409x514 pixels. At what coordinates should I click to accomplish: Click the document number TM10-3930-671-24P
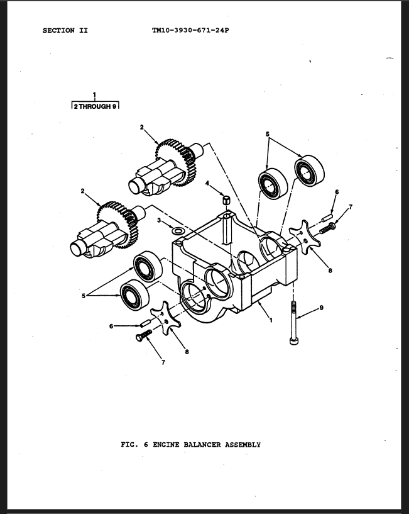(x=190, y=30)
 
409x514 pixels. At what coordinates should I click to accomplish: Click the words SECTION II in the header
(x=65, y=30)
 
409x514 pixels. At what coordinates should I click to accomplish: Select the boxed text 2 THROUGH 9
(x=95, y=106)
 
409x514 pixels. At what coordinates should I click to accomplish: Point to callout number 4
(x=207, y=183)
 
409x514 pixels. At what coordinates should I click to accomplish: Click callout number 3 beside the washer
(x=159, y=220)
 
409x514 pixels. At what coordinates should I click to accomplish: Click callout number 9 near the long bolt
(x=321, y=308)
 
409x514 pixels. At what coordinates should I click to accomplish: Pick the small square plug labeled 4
(x=226, y=199)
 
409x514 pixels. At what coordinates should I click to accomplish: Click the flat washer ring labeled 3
(x=177, y=231)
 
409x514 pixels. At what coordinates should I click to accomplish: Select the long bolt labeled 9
(x=293, y=323)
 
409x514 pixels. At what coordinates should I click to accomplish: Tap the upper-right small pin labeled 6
(x=327, y=217)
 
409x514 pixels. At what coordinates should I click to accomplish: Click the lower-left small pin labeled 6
(x=145, y=323)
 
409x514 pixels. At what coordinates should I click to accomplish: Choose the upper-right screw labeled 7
(x=327, y=228)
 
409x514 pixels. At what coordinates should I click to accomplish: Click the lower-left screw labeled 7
(x=144, y=336)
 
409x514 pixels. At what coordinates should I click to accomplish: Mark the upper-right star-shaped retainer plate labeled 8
(x=305, y=237)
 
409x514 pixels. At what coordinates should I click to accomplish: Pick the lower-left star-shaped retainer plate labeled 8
(x=165, y=318)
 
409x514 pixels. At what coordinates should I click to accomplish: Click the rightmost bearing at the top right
(x=309, y=170)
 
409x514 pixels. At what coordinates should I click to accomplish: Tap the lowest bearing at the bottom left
(x=135, y=295)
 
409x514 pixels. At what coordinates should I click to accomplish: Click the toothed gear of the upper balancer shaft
(x=176, y=162)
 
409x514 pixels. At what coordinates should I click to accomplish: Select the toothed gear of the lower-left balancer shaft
(x=117, y=225)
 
